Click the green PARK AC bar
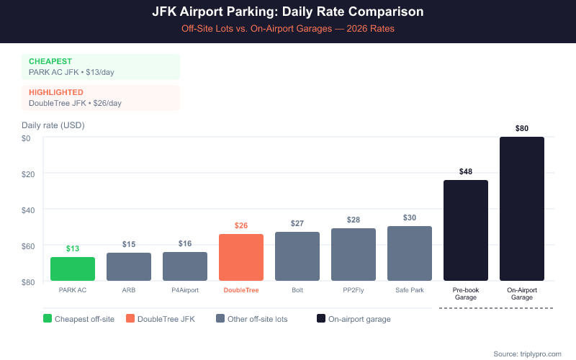(73, 269)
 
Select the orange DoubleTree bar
(241, 257)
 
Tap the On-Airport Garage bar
(522, 209)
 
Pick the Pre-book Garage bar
(466, 230)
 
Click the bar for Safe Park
(410, 253)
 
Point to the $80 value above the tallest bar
(522, 128)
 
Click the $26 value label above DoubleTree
(241, 225)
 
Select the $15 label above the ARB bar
(129, 244)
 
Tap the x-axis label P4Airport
(185, 290)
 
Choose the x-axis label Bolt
(297, 290)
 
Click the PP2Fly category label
(354, 290)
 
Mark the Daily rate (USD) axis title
(53, 125)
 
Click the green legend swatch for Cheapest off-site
(48, 318)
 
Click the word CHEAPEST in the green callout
(50, 61)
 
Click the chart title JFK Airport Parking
(288, 12)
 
